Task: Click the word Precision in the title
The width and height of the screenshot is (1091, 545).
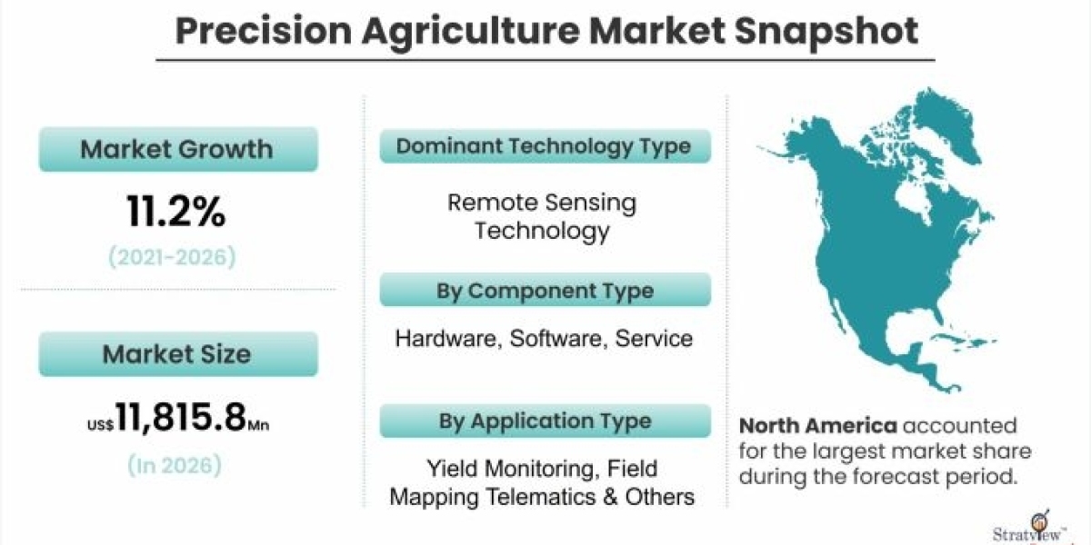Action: point(263,31)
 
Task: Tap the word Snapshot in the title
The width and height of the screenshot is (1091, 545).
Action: point(826,32)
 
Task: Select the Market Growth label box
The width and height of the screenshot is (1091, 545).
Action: point(178,149)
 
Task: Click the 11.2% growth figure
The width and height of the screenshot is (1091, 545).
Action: point(176,211)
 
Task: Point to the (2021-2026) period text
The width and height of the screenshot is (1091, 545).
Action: point(172,257)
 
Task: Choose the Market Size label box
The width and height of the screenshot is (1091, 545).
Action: point(178,353)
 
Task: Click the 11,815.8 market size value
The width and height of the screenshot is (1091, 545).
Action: point(181,417)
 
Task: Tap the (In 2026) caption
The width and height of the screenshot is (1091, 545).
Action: point(175,465)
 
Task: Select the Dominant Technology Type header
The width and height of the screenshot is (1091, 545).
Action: point(545,146)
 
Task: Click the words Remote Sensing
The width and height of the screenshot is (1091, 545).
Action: point(542,203)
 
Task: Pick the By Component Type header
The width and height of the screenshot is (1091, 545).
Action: point(545,290)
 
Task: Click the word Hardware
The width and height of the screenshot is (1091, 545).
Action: point(448,339)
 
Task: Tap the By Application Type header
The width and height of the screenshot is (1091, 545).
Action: point(545,421)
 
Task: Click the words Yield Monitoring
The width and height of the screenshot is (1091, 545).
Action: point(510,469)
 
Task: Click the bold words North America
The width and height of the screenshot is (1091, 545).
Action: point(817,426)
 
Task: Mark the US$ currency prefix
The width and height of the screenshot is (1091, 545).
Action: point(100,425)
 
